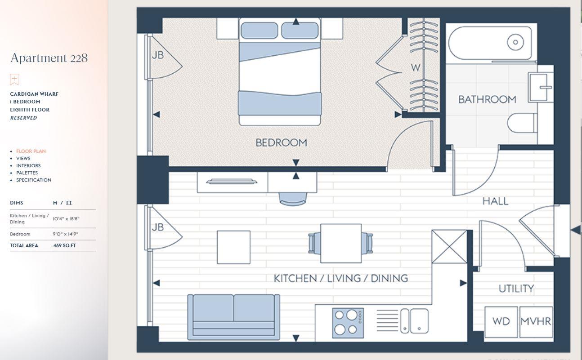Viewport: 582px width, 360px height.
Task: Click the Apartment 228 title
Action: (49, 58)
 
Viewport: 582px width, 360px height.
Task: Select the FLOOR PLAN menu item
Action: (31, 151)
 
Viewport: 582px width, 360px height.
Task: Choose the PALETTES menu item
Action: (27, 173)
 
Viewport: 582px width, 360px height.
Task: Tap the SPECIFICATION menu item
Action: (33, 180)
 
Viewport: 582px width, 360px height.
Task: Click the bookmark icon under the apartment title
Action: (14, 80)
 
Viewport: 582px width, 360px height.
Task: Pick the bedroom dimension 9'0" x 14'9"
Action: (66, 234)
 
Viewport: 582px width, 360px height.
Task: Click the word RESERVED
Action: (23, 118)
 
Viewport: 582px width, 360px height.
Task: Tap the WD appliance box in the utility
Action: (501, 322)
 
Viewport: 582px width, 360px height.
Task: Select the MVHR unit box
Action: (536, 322)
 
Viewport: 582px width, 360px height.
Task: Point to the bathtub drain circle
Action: (515, 43)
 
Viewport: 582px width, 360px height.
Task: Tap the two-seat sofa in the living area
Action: (233, 316)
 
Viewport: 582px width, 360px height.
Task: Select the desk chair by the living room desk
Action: (293, 198)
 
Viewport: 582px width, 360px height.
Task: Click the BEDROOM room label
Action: (281, 143)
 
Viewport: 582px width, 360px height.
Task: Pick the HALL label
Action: (495, 201)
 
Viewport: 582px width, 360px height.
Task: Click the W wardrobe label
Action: (415, 68)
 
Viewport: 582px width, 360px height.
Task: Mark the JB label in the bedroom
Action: (157, 56)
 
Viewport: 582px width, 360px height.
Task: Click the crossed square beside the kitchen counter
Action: (449, 246)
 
